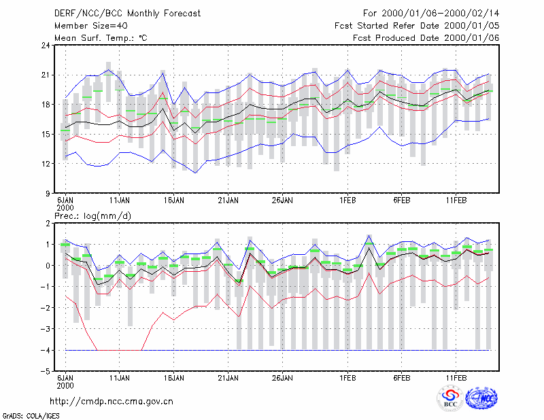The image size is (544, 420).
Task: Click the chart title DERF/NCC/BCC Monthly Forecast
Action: (x=127, y=14)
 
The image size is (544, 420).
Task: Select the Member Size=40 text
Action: (x=91, y=26)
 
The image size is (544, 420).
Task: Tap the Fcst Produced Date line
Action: (x=426, y=38)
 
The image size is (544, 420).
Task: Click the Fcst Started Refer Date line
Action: (x=417, y=26)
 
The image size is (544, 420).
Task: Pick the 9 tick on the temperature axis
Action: (x=48, y=193)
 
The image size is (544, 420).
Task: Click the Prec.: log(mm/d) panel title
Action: (x=92, y=216)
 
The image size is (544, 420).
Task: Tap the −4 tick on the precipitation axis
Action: (x=46, y=350)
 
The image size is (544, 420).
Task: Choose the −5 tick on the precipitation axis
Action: (x=46, y=372)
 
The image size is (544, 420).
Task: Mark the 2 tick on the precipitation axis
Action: (x=48, y=223)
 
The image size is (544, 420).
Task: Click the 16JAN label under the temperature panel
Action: (x=174, y=200)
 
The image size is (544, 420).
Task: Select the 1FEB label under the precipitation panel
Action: (x=347, y=378)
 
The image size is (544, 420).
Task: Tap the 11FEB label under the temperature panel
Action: (x=456, y=200)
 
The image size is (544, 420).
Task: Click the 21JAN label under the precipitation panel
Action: (x=228, y=378)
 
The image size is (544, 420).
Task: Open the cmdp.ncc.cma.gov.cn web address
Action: (x=112, y=402)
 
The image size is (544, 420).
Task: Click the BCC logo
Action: (x=450, y=398)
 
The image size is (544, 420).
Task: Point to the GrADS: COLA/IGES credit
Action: (x=31, y=416)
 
